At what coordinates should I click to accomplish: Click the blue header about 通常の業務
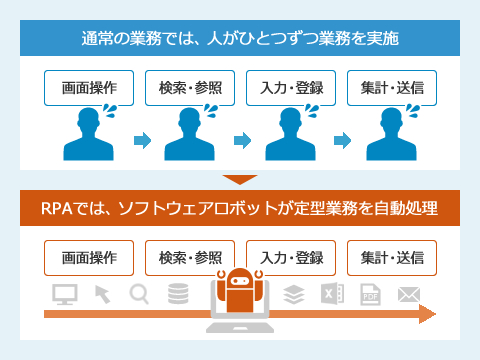point(240,40)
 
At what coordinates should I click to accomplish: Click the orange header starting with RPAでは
point(240,211)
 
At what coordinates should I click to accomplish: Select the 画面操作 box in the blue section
point(89,87)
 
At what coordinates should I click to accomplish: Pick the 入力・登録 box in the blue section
point(291,87)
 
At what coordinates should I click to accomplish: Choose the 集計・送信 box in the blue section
point(392,87)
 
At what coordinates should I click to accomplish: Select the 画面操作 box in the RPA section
point(89,258)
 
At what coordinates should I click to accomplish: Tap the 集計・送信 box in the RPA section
point(392,258)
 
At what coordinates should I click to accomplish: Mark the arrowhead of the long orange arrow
point(427,316)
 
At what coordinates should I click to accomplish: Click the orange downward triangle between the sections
point(240,181)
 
